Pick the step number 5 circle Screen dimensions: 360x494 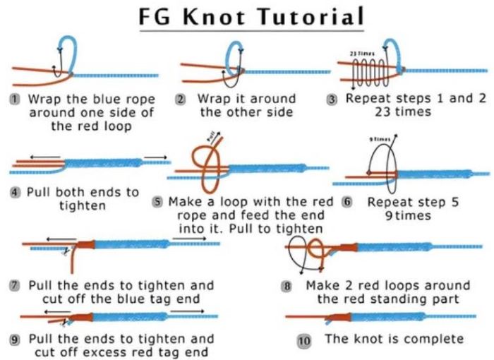[x=158, y=203]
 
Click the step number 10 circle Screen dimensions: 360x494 [x=304, y=340]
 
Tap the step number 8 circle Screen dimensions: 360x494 [x=287, y=287]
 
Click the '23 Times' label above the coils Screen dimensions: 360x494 [x=361, y=52]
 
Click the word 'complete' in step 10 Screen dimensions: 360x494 [x=436, y=340]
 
